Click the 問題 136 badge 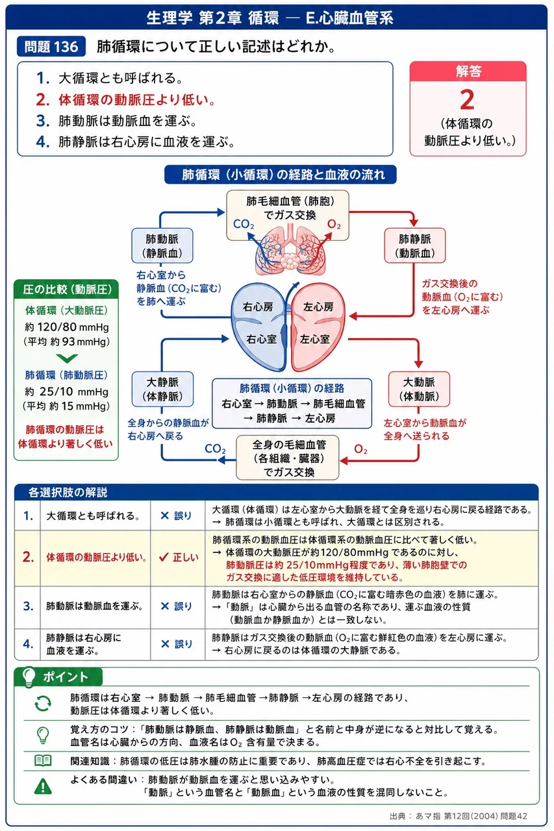pyautogui.click(x=51, y=46)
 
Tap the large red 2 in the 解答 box pyautogui.click(x=467, y=99)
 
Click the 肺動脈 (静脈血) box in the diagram pyautogui.click(x=162, y=245)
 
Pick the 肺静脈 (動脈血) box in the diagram pyautogui.click(x=415, y=245)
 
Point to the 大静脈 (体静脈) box pyautogui.click(x=162, y=389)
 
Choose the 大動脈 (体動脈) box pyautogui.click(x=419, y=389)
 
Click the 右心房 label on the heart pyautogui.click(x=258, y=307)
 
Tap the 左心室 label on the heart pyautogui.click(x=314, y=339)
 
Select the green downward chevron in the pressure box pyautogui.click(x=67, y=358)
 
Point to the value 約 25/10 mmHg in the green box pyautogui.click(x=66, y=391)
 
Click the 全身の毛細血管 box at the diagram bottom pyautogui.click(x=288, y=458)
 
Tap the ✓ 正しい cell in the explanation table pyautogui.click(x=178, y=558)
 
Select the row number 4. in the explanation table pyautogui.click(x=28, y=643)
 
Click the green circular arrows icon pyautogui.click(x=43, y=703)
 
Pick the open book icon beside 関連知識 pyautogui.click(x=43, y=760)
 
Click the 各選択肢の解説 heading pyautogui.click(x=68, y=493)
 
